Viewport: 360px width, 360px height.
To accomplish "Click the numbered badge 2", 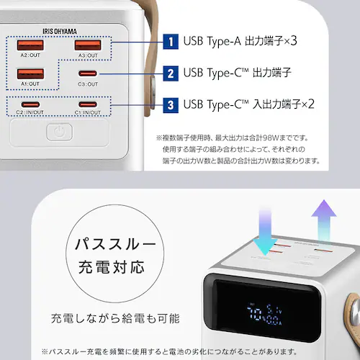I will (x=170, y=73).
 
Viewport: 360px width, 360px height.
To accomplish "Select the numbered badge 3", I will (x=170, y=104).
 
